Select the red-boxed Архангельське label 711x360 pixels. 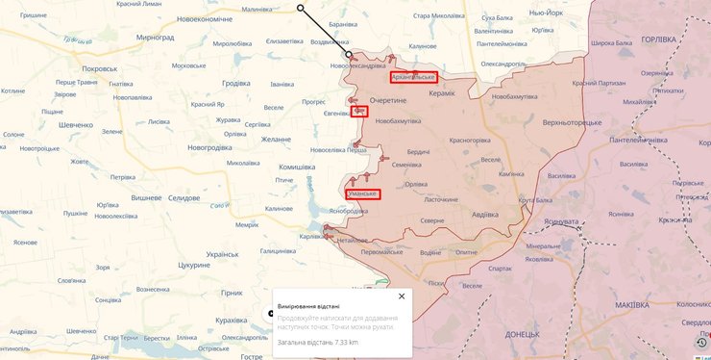coord(413,77)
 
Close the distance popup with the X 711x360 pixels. coord(402,296)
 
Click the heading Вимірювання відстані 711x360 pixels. coord(308,305)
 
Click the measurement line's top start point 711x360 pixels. coord(301,8)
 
